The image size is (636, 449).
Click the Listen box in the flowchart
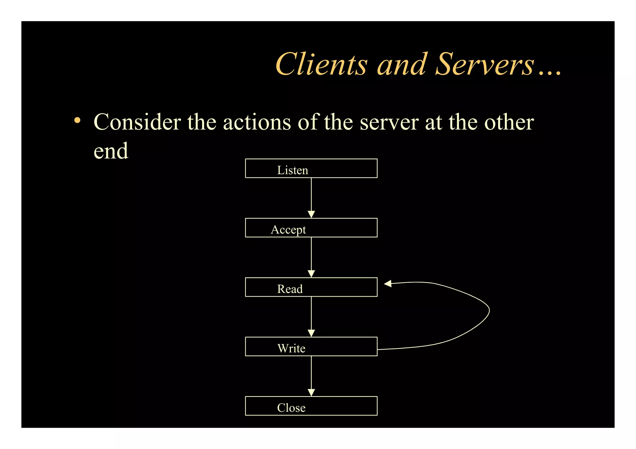tap(311, 168)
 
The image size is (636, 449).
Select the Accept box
tap(311, 228)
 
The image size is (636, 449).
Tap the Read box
tap(311, 287)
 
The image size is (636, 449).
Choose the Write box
tap(311, 347)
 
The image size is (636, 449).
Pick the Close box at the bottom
tap(311, 406)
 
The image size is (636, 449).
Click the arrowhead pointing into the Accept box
tap(311, 214)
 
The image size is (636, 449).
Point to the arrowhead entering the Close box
tap(311, 393)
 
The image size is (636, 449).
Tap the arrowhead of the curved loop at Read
tap(388, 284)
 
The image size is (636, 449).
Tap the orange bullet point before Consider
tap(77, 120)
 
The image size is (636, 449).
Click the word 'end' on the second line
tap(111, 151)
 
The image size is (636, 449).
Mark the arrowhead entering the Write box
tap(311, 333)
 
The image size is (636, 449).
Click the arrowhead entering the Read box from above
tap(311, 274)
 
